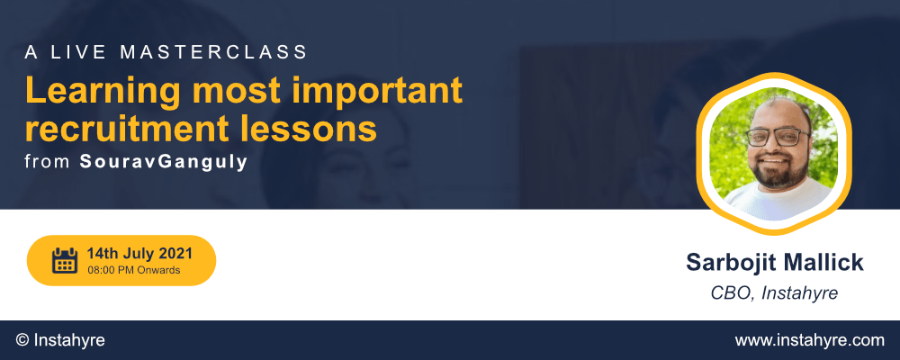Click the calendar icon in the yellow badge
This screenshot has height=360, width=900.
64,260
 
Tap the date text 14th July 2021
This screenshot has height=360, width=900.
139,253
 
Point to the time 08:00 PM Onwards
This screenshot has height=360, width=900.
134,270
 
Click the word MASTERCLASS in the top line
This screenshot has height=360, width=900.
213,52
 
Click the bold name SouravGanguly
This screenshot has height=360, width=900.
164,162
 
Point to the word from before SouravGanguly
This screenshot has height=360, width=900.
49,162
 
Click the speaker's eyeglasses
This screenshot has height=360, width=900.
778,137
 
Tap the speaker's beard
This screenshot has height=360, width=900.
776,169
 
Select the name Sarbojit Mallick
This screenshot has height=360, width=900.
774,263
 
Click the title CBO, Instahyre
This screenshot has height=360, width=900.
774,293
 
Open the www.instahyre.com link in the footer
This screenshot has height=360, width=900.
809,340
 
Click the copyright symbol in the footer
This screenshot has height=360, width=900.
23,340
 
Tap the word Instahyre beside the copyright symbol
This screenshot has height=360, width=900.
69,340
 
